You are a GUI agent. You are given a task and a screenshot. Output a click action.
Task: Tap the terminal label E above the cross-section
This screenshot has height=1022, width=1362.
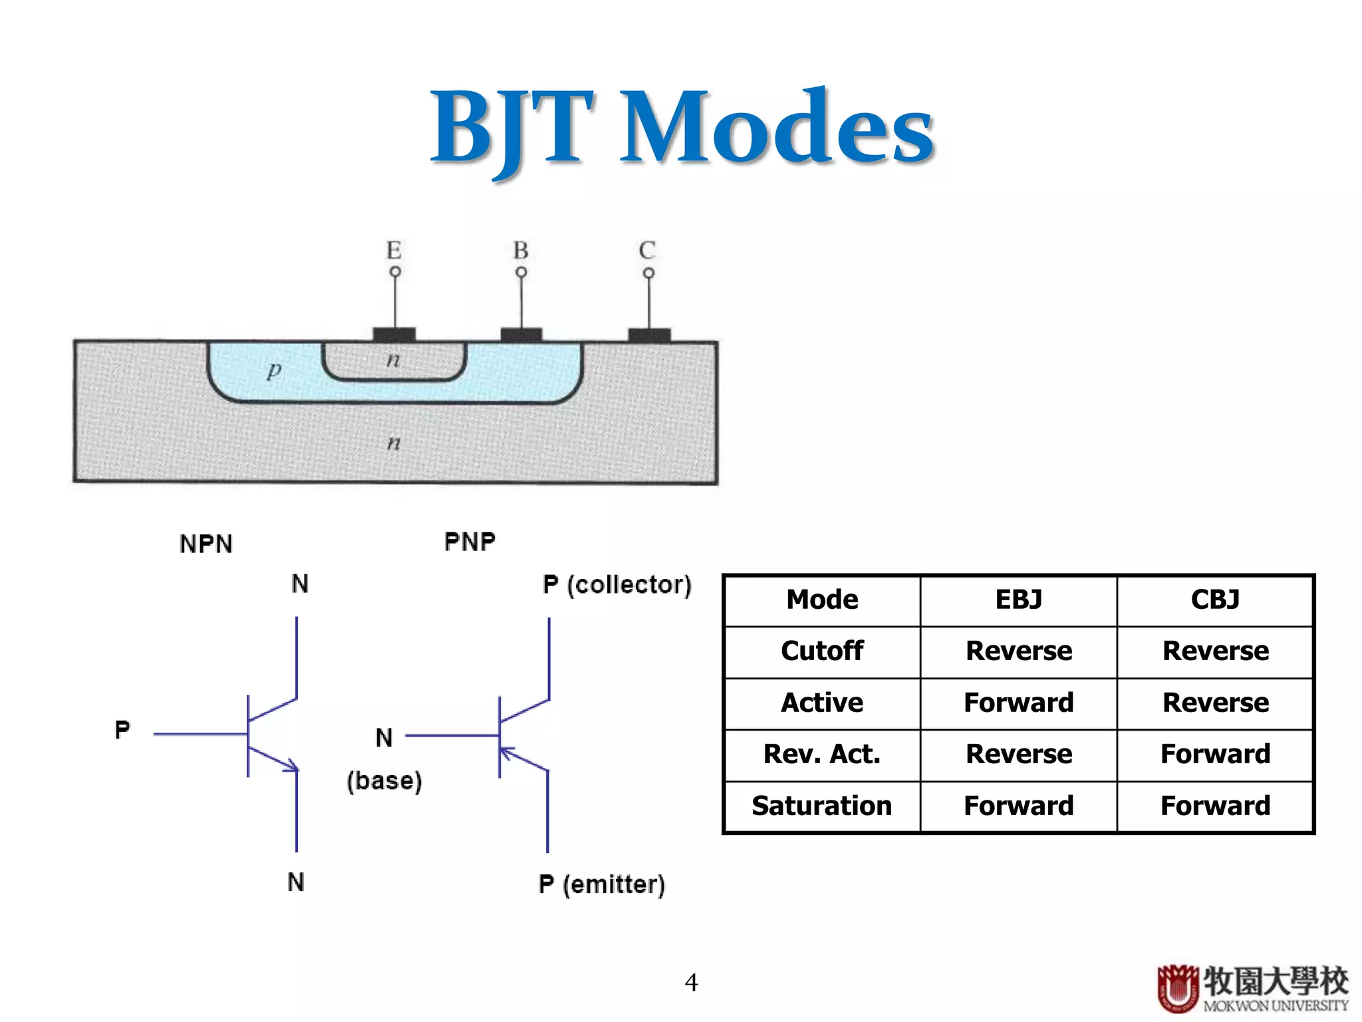pos(394,250)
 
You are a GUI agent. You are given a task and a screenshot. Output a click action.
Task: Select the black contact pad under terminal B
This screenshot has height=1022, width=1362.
pos(521,334)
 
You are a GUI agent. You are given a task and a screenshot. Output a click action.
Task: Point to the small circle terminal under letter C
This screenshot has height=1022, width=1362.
pos(648,273)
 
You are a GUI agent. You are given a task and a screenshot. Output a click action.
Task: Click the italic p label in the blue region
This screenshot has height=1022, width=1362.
pos(274,369)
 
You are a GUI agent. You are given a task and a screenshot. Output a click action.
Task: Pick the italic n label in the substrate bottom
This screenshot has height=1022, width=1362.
pos(394,442)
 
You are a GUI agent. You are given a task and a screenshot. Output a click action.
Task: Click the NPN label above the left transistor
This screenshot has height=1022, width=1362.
pos(206,544)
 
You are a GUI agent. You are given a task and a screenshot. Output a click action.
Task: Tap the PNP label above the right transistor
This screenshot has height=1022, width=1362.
pos(470,542)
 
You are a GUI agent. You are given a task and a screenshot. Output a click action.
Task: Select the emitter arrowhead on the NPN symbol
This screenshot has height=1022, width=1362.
pos(291,766)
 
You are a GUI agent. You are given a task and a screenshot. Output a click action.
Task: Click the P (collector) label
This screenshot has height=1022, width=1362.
pos(616,584)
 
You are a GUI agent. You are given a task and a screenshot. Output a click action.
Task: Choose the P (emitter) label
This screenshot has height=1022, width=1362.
pos(601,884)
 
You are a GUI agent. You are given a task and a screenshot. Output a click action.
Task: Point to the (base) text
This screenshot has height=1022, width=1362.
pos(384,780)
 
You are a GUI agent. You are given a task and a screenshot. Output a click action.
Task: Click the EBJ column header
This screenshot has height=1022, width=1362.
pos(1018,599)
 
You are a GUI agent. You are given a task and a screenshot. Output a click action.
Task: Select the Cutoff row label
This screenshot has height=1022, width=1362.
pos(822,651)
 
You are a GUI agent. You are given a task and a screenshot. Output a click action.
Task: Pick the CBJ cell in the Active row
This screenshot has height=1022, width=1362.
pos(1215,703)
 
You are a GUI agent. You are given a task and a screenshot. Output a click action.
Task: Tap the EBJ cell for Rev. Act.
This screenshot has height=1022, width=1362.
pos(1018,754)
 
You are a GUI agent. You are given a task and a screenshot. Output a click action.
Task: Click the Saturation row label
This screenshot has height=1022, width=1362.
pos(822,806)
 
